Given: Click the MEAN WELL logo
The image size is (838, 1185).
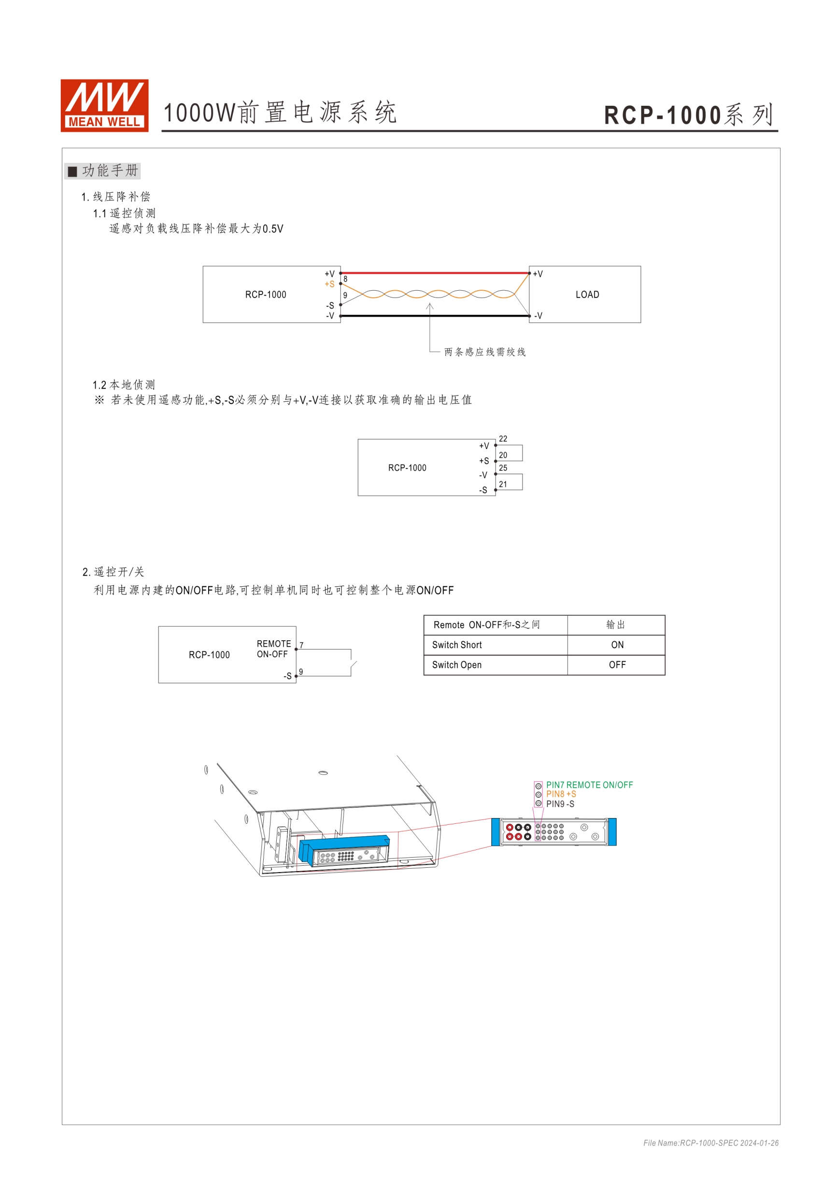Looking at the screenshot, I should [104, 105].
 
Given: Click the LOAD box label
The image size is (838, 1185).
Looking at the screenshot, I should [587, 295].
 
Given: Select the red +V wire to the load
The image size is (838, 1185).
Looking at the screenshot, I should [435, 273].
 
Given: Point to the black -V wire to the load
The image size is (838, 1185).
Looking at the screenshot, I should [435, 315].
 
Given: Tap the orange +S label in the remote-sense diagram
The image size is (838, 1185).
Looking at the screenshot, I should [329, 284].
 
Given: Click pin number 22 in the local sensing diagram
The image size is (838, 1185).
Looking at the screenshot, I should [503, 438].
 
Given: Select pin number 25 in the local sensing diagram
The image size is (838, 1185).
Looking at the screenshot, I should [503, 468].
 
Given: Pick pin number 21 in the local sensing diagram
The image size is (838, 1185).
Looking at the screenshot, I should [503, 484].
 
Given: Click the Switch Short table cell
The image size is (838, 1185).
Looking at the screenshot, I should [457, 645].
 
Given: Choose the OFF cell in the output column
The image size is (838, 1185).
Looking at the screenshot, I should [617, 665].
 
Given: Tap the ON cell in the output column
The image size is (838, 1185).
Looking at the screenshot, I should [617, 645].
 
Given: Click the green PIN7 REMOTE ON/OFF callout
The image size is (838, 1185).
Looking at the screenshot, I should [589, 785].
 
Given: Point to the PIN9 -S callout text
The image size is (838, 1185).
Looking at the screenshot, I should [560, 804].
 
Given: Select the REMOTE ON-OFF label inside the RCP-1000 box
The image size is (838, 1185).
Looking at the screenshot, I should [274, 649].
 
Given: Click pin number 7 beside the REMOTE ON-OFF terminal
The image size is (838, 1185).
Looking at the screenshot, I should [301, 645].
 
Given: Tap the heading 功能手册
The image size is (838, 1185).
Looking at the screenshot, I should [110, 170].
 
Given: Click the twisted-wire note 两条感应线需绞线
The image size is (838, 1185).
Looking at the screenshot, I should [485, 352].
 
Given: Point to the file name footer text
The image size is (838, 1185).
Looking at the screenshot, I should [710, 1143].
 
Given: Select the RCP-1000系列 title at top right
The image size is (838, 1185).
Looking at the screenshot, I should [689, 114].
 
